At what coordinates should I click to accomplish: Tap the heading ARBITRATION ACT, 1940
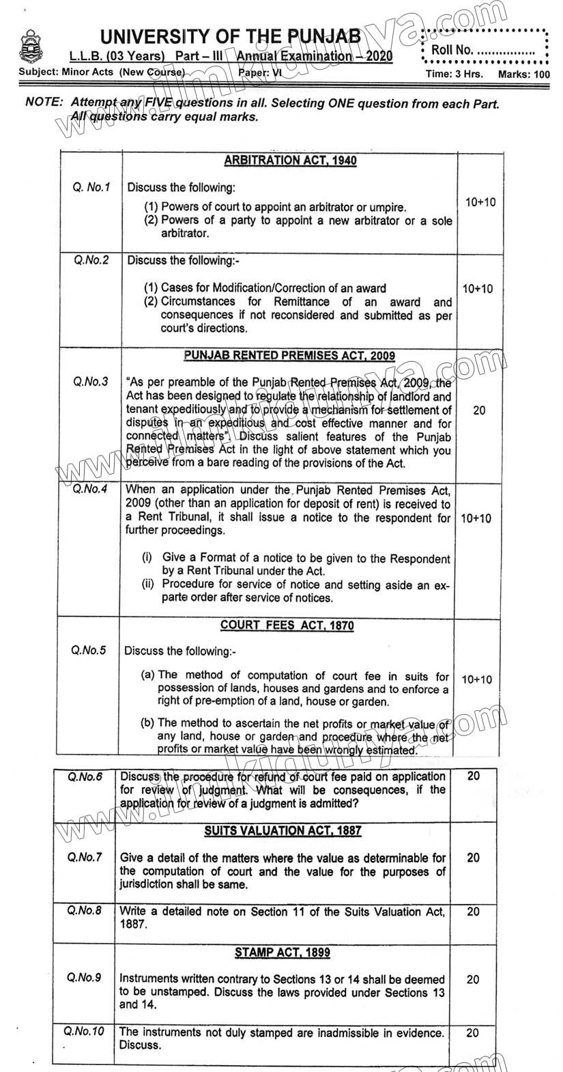point(290,161)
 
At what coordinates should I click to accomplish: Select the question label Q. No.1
point(91,187)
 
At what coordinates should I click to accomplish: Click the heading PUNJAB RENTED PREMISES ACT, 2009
point(289,356)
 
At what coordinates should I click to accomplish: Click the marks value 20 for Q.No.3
point(479,410)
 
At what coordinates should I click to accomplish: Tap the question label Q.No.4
point(91,489)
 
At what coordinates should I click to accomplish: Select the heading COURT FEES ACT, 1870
point(287,625)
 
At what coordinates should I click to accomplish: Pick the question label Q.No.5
point(89,651)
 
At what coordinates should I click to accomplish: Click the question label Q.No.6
point(85,777)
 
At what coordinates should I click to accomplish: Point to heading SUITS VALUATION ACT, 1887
point(283,830)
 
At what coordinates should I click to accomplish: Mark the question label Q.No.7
point(85,857)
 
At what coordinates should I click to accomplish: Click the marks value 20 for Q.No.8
point(473,912)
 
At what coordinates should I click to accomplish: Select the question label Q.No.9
point(85,978)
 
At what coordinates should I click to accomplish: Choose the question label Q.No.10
point(83,1032)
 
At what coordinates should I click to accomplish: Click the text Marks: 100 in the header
point(523,74)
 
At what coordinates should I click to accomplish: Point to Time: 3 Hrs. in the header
point(454,74)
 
